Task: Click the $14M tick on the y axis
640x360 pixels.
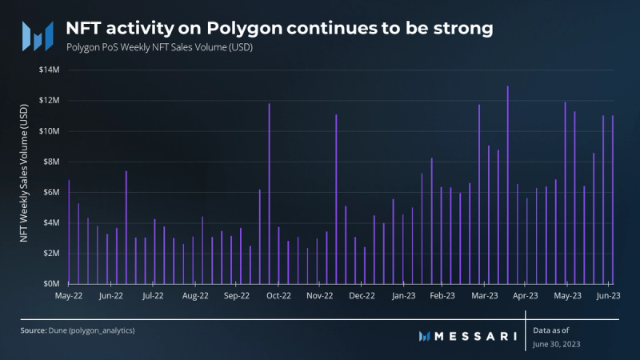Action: (x=50, y=70)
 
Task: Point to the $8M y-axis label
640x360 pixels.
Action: (x=51, y=162)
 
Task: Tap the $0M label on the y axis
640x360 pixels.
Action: (x=51, y=284)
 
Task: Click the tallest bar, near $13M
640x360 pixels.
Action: (x=508, y=184)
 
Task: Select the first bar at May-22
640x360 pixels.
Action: (x=69, y=232)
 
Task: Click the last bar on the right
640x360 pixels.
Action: (x=613, y=200)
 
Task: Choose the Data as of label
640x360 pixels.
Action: (x=551, y=329)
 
